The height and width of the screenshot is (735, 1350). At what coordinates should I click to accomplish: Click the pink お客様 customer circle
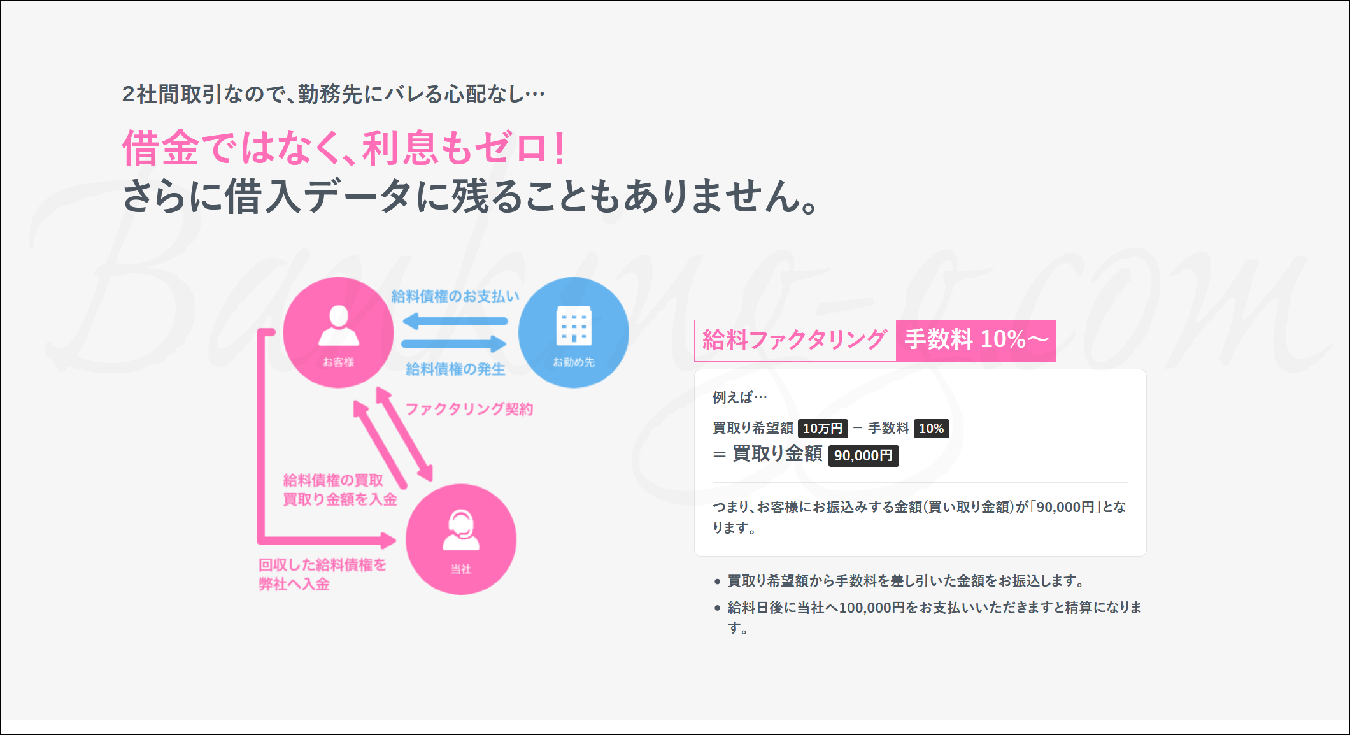pos(338,332)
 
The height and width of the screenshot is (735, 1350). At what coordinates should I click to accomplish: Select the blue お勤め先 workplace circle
pos(574,332)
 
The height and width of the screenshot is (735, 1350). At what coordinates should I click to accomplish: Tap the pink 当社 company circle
pos(461,539)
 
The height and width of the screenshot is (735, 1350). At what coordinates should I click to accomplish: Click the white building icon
pos(574,325)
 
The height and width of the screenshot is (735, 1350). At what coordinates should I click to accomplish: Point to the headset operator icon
pos(461,530)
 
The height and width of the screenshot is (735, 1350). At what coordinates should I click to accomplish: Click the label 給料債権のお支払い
pos(455,296)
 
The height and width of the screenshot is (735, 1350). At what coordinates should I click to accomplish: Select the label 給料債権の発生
pos(455,369)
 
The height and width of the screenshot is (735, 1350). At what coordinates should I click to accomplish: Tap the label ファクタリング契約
pos(469,409)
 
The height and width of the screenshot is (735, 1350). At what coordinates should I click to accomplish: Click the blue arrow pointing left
pos(455,321)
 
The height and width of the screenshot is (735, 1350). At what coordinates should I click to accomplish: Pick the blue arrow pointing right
pos(454,345)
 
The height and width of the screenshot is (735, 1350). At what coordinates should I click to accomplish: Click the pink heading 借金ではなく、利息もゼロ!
pos(345,148)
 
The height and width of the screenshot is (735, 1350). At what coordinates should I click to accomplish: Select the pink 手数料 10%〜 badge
pos(976,340)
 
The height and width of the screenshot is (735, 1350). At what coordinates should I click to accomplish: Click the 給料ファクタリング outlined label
pos(795,340)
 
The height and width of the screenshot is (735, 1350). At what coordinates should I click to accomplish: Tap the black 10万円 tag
pos(823,429)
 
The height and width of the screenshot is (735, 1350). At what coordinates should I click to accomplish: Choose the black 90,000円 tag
pos(863,455)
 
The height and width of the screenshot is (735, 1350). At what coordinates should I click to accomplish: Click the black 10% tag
pos(932,429)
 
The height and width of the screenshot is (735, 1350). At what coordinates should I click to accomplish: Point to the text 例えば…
pos(740,397)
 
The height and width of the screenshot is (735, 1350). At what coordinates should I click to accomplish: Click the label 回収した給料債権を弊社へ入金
pos(322,574)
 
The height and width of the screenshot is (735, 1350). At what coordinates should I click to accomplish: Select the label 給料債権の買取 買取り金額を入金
pos(340,490)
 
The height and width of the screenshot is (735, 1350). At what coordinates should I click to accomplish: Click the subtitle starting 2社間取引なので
pos(334,94)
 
